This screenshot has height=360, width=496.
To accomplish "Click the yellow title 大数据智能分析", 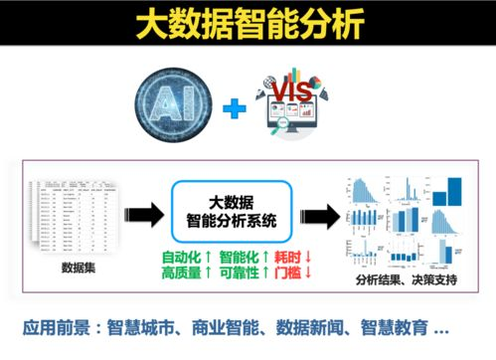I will [248, 25].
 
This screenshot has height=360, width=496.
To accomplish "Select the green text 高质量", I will [184, 272].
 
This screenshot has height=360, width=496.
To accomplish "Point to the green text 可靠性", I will [241, 272].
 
